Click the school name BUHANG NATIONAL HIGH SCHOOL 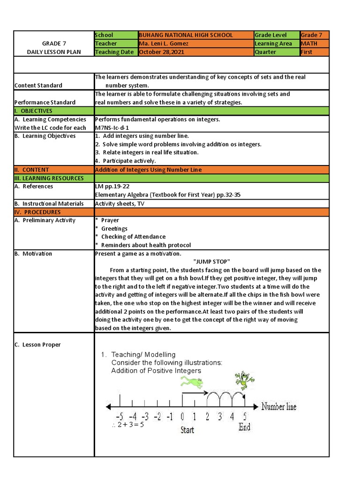[186, 35]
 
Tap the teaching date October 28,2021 [162, 52]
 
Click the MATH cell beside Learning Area [309, 44]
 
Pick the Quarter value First [307, 52]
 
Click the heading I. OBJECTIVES [33, 111]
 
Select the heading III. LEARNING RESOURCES [49, 178]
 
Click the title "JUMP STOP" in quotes [212, 262]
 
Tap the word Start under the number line [187, 429]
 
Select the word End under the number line [244, 427]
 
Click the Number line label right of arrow [278, 406]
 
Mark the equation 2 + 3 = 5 [128, 425]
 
